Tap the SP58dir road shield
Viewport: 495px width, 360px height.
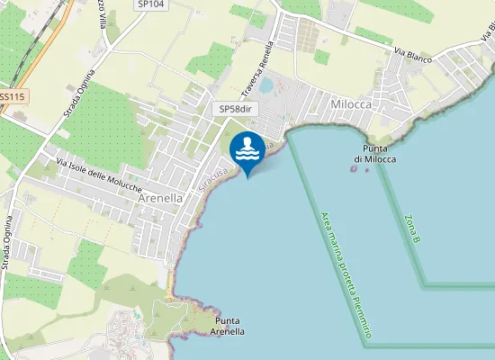tap(238, 109)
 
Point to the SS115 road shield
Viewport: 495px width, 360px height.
tap(12, 96)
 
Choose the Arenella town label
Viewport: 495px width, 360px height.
tap(161, 198)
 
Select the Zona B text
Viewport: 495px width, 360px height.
tap(413, 229)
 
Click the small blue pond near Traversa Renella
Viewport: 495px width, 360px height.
tap(266, 85)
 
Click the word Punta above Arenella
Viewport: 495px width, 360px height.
tap(227, 319)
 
